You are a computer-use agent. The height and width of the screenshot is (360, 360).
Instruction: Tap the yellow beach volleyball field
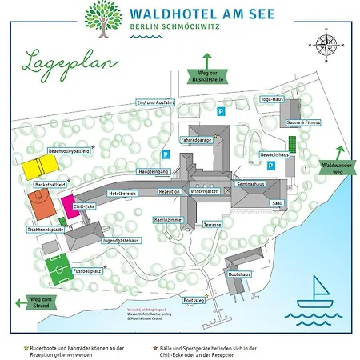[38, 166]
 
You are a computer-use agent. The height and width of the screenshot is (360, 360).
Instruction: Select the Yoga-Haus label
[272, 99]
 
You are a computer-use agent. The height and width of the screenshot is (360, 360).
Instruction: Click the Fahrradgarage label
[196, 140]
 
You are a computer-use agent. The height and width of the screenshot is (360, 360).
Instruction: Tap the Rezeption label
[169, 192]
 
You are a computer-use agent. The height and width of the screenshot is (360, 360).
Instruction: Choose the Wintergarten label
[205, 192]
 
